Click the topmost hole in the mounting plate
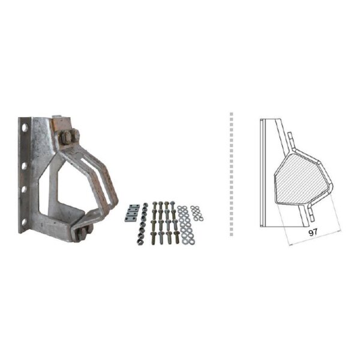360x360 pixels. pyautogui.click(x=25, y=128)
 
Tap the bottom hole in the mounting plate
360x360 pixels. pyautogui.click(x=23, y=221)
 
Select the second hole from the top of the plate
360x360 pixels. pyautogui.click(x=25, y=166)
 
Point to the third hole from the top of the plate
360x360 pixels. pyautogui.click(x=24, y=190)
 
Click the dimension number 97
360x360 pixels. pyautogui.click(x=313, y=233)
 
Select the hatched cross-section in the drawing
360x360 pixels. pyautogui.click(x=299, y=178)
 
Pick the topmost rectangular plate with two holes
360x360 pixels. pyautogui.click(x=133, y=206)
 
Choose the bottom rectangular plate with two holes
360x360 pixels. pyautogui.click(x=130, y=219)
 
